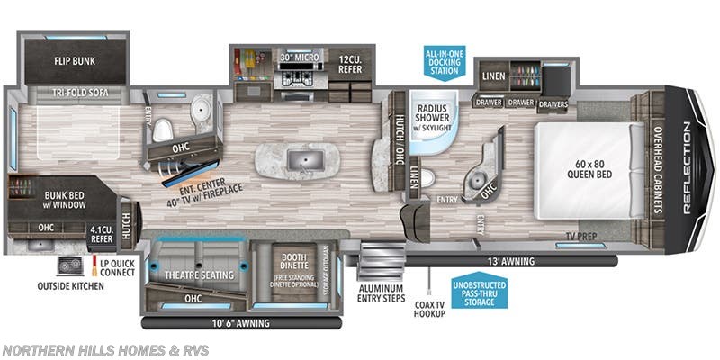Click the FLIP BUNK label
76,62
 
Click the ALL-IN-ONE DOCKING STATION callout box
445,61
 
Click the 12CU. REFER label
350,64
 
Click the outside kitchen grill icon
68,265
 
